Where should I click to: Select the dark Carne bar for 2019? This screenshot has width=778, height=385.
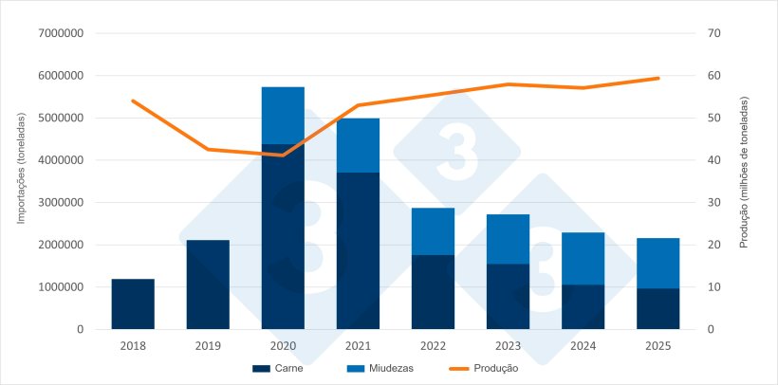coord(208,284)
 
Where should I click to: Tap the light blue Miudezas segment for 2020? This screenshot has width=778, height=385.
coord(283,115)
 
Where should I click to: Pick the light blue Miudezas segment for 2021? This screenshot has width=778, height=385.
coord(358,145)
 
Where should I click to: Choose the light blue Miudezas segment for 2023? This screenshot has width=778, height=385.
coord(508,239)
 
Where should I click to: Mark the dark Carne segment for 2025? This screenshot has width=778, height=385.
coord(658,308)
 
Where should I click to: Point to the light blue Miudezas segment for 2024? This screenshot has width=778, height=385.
coord(583,258)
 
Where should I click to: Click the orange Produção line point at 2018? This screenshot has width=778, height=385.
coord(133,101)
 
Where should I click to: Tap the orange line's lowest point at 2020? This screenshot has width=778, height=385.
coord(283,155)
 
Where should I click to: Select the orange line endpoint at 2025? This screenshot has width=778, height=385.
coord(658,78)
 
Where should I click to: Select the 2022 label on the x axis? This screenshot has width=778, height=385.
coord(433,346)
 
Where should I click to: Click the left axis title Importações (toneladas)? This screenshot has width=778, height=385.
coord(21,180)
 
